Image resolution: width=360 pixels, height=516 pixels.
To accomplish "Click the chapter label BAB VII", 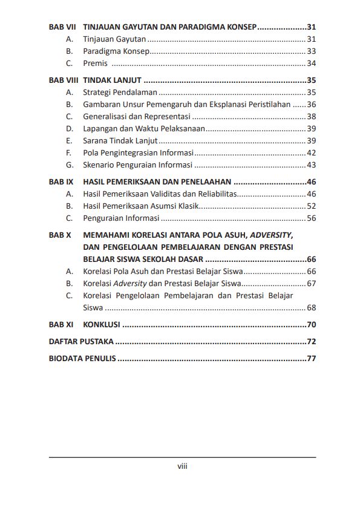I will tap(61, 27).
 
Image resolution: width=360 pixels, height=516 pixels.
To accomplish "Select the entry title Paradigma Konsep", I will tap(116, 51).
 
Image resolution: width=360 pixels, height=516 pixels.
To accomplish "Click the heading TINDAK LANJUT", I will tap(112, 80).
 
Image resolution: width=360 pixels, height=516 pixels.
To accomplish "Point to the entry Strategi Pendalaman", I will tap(120, 93).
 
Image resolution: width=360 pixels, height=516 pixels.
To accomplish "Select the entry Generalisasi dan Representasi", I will tap(137, 116).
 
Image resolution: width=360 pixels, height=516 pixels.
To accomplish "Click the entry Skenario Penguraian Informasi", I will tap(137, 165).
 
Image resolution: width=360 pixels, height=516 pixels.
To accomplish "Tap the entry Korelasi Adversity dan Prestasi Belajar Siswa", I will tap(162, 283).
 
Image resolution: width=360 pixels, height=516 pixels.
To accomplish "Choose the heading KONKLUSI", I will tap(102, 325).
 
